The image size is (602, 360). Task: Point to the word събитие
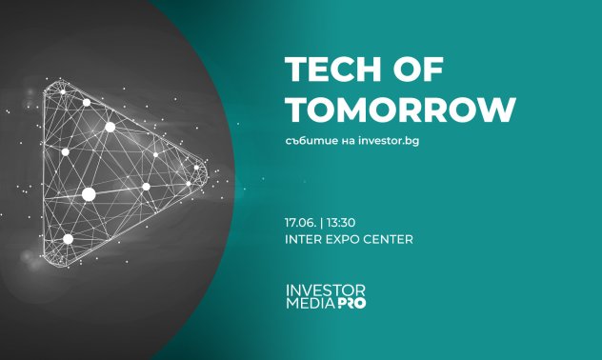click(309, 141)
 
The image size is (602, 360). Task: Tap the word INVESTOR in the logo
click(325, 290)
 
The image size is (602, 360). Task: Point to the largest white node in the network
click(89, 194)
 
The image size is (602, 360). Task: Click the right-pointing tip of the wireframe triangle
click(205, 172)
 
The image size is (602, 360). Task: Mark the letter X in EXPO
click(337, 239)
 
